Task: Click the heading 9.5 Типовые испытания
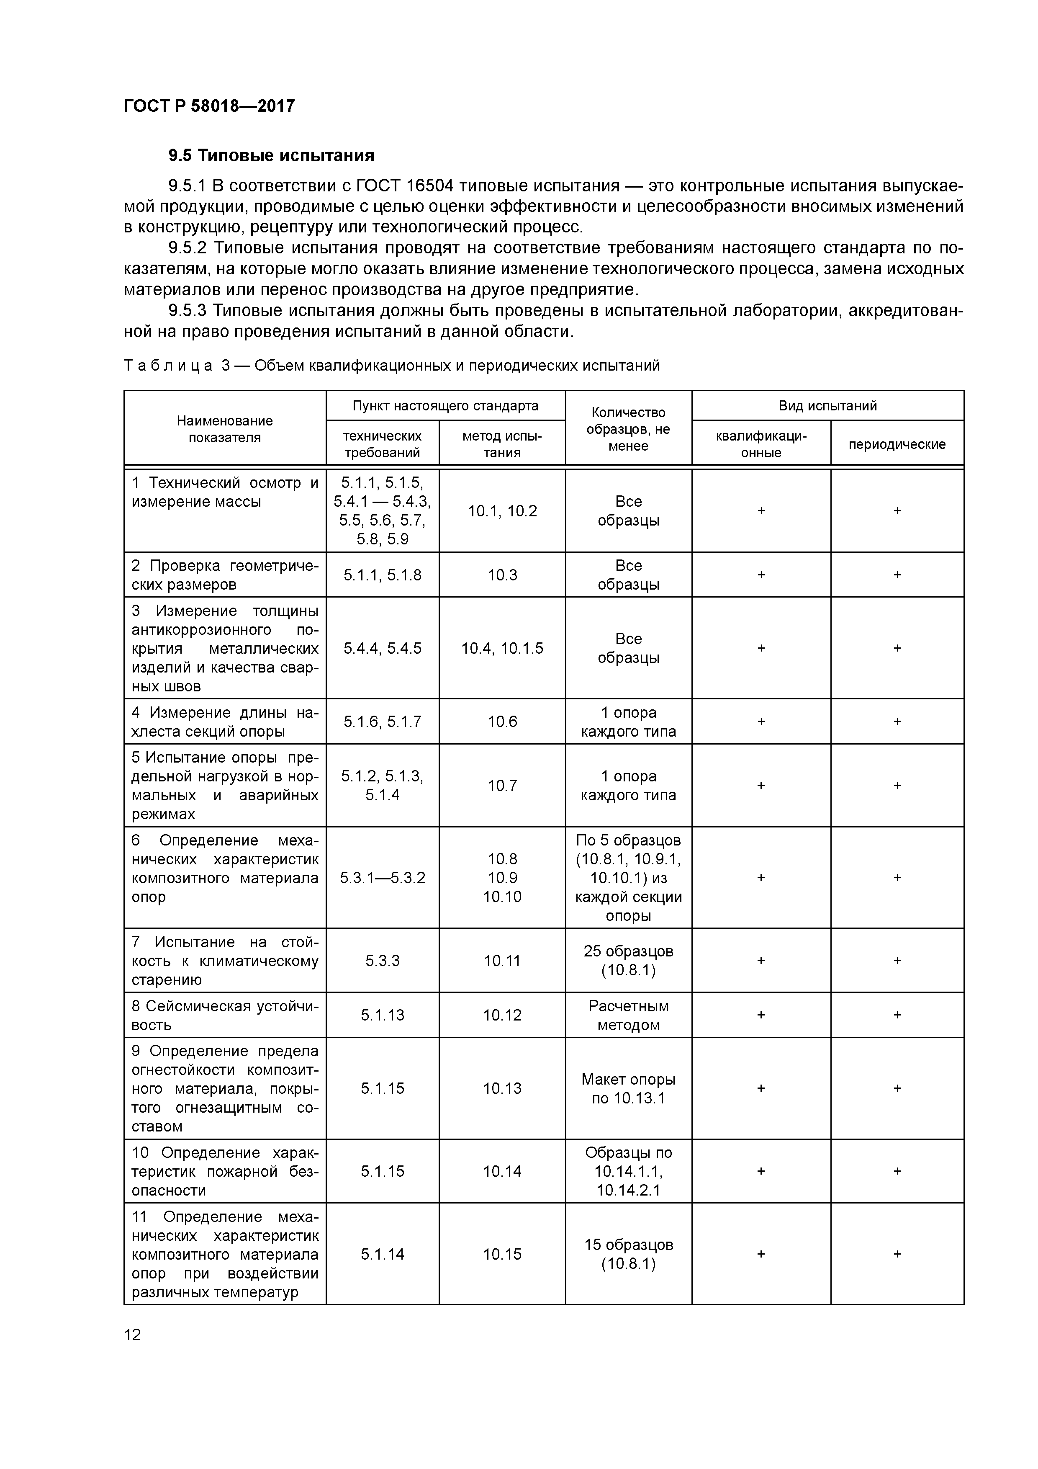point(271,155)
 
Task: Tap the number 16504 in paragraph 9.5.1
point(430,186)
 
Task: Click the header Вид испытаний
point(827,406)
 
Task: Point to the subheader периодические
point(897,444)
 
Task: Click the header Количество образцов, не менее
point(628,429)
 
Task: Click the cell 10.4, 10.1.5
point(502,648)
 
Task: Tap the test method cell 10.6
point(502,722)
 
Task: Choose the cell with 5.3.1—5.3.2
point(383,878)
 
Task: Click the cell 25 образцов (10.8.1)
point(628,960)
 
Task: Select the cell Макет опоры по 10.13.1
point(628,1088)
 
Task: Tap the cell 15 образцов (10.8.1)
point(628,1254)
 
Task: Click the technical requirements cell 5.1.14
point(383,1254)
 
